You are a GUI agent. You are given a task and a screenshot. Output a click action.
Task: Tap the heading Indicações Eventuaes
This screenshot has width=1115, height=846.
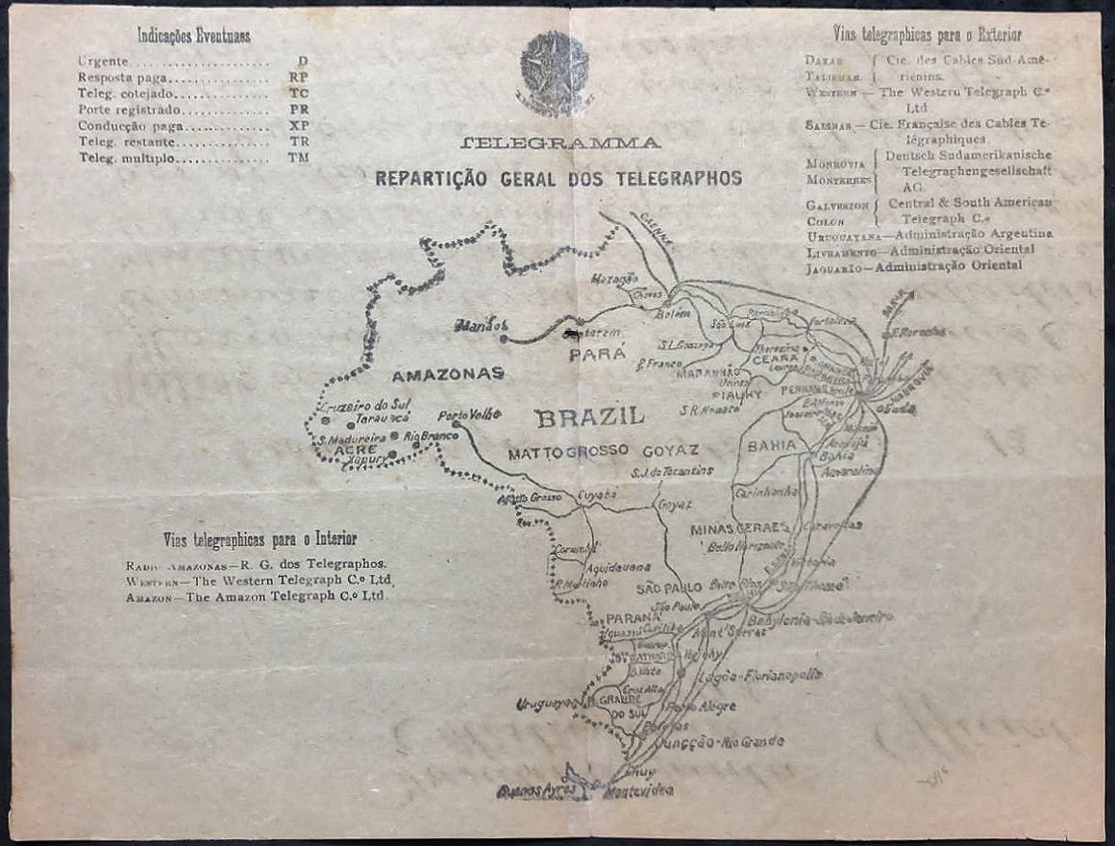pos(193,36)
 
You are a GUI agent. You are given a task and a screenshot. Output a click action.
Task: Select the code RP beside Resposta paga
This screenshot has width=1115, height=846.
pos(299,77)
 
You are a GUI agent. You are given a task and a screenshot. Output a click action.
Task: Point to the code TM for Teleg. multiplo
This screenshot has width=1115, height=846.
pos(299,158)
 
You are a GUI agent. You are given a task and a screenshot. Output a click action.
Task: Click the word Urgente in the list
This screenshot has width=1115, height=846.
pos(104,61)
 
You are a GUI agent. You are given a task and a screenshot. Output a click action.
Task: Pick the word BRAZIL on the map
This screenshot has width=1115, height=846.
pos(590,418)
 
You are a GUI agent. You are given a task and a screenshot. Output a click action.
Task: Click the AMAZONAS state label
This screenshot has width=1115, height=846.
pos(448,373)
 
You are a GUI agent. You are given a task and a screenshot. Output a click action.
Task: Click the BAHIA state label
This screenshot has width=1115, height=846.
pos(769,446)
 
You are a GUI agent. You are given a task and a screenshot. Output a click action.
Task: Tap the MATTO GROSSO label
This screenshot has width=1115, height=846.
pos(568,451)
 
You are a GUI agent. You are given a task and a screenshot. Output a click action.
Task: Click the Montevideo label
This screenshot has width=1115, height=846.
pos(638,790)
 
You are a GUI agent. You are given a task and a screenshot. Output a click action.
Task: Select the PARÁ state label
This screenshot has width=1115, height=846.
pos(597,354)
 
